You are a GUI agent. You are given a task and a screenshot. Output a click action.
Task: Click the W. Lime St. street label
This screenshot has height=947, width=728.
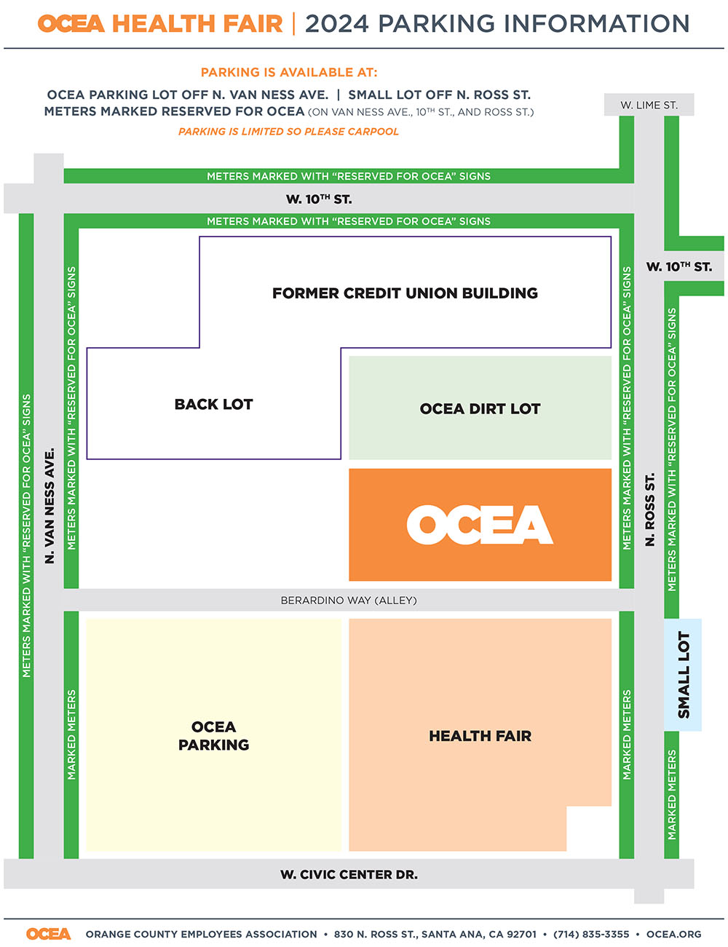click(649, 105)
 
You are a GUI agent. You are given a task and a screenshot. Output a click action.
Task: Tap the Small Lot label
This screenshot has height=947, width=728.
click(684, 674)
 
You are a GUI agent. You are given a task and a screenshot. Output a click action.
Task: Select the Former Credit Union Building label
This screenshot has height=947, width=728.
click(405, 293)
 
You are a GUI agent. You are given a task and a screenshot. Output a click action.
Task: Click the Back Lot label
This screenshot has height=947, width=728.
click(213, 404)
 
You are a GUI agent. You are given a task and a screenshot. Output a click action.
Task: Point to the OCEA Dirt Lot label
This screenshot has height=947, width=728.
click(480, 408)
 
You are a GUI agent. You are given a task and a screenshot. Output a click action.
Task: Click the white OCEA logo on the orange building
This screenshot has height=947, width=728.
click(480, 524)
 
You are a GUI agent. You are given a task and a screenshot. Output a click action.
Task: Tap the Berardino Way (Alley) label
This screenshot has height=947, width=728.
click(349, 600)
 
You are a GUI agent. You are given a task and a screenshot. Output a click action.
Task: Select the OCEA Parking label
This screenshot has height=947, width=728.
click(213, 736)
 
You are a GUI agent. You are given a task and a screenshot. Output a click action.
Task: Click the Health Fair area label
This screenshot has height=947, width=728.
click(480, 736)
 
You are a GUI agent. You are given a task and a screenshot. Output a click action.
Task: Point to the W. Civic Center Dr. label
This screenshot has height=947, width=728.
click(349, 874)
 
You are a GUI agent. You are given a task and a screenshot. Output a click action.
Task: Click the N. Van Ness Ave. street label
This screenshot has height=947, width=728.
click(50, 506)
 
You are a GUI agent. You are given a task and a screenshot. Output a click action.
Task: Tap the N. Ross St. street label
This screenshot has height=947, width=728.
click(649, 509)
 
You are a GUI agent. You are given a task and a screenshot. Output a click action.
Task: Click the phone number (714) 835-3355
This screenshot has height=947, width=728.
click(590, 934)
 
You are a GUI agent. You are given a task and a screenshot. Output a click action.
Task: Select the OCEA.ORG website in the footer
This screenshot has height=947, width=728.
click(673, 934)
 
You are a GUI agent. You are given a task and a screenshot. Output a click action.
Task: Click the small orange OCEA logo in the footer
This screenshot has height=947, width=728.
click(48, 933)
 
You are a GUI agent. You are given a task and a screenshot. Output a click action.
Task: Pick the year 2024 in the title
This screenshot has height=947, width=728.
click(337, 23)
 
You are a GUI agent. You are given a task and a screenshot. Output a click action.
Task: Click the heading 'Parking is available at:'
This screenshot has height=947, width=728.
click(289, 72)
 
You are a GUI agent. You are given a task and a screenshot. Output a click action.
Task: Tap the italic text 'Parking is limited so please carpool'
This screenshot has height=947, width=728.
click(288, 131)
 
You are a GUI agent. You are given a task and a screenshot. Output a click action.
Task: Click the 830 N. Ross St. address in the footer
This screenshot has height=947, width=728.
click(435, 934)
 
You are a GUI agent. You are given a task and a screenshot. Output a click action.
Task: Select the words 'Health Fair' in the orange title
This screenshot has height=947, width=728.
click(197, 23)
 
